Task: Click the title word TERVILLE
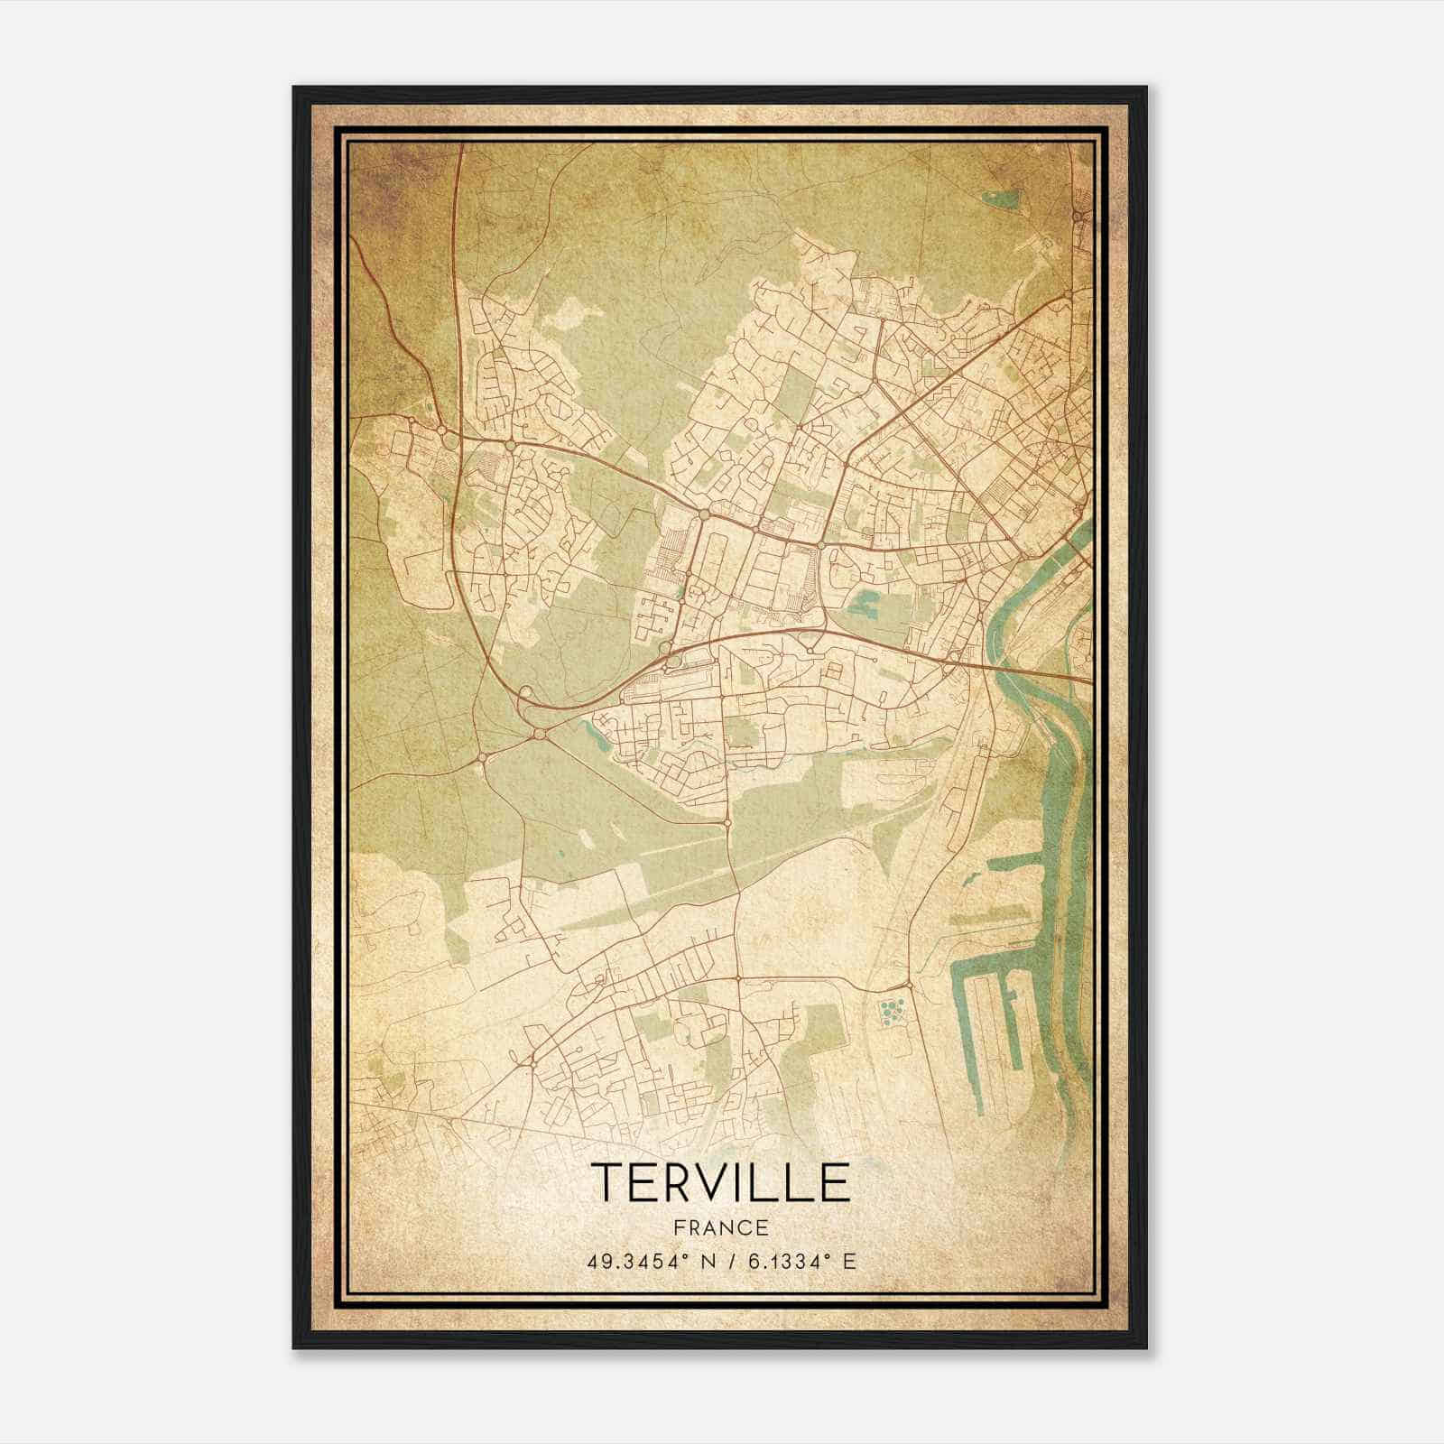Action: pyautogui.click(x=720, y=1182)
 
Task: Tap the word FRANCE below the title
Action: pyautogui.click(x=720, y=1227)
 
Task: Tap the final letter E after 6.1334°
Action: pyautogui.click(x=848, y=1262)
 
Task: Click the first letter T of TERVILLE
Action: pyautogui.click(x=606, y=1182)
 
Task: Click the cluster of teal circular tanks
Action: pyautogui.click(x=892, y=1012)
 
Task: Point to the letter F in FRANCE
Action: pyautogui.click(x=677, y=1227)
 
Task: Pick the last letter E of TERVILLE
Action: pyautogui.click(x=836, y=1182)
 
